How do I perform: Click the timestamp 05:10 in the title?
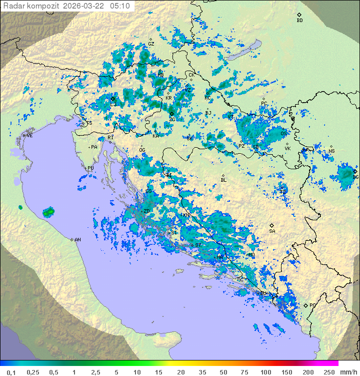click(x=120, y=6)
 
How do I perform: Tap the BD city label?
click(x=299, y=21)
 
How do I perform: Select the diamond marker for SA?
click(x=272, y=225)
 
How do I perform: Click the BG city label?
click(x=355, y=177)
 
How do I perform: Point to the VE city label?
click(x=29, y=136)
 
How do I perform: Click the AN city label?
click(x=77, y=240)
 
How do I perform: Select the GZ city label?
click(x=151, y=44)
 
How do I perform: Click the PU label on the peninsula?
click(x=90, y=168)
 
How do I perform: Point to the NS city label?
click(x=331, y=151)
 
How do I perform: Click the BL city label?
click(x=223, y=180)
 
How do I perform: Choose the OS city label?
click(x=283, y=134)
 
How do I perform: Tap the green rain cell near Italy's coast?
click(x=48, y=213)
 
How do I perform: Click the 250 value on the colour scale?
click(x=329, y=372)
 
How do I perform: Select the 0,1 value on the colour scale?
click(x=11, y=372)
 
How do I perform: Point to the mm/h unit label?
click(x=348, y=372)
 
